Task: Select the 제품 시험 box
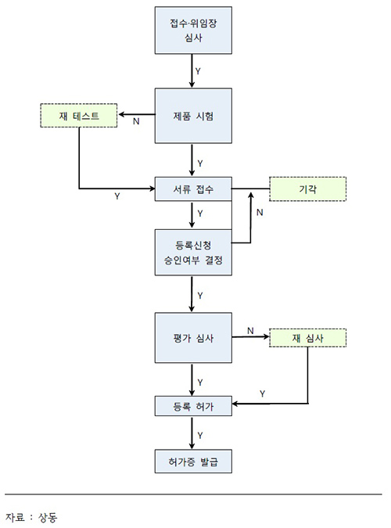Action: tap(192, 116)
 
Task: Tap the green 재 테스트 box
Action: tap(78, 117)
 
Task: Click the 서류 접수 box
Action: tap(192, 189)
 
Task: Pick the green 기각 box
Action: tap(307, 189)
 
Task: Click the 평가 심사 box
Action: tap(192, 339)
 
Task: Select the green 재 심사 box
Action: tap(307, 339)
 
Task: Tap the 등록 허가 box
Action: tap(192, 404)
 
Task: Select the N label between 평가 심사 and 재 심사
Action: tap(250, 331)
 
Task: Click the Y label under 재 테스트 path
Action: tap(117, 196)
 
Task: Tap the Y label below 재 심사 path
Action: tap(261, 393)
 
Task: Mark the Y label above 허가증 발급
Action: tap(200, 434)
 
